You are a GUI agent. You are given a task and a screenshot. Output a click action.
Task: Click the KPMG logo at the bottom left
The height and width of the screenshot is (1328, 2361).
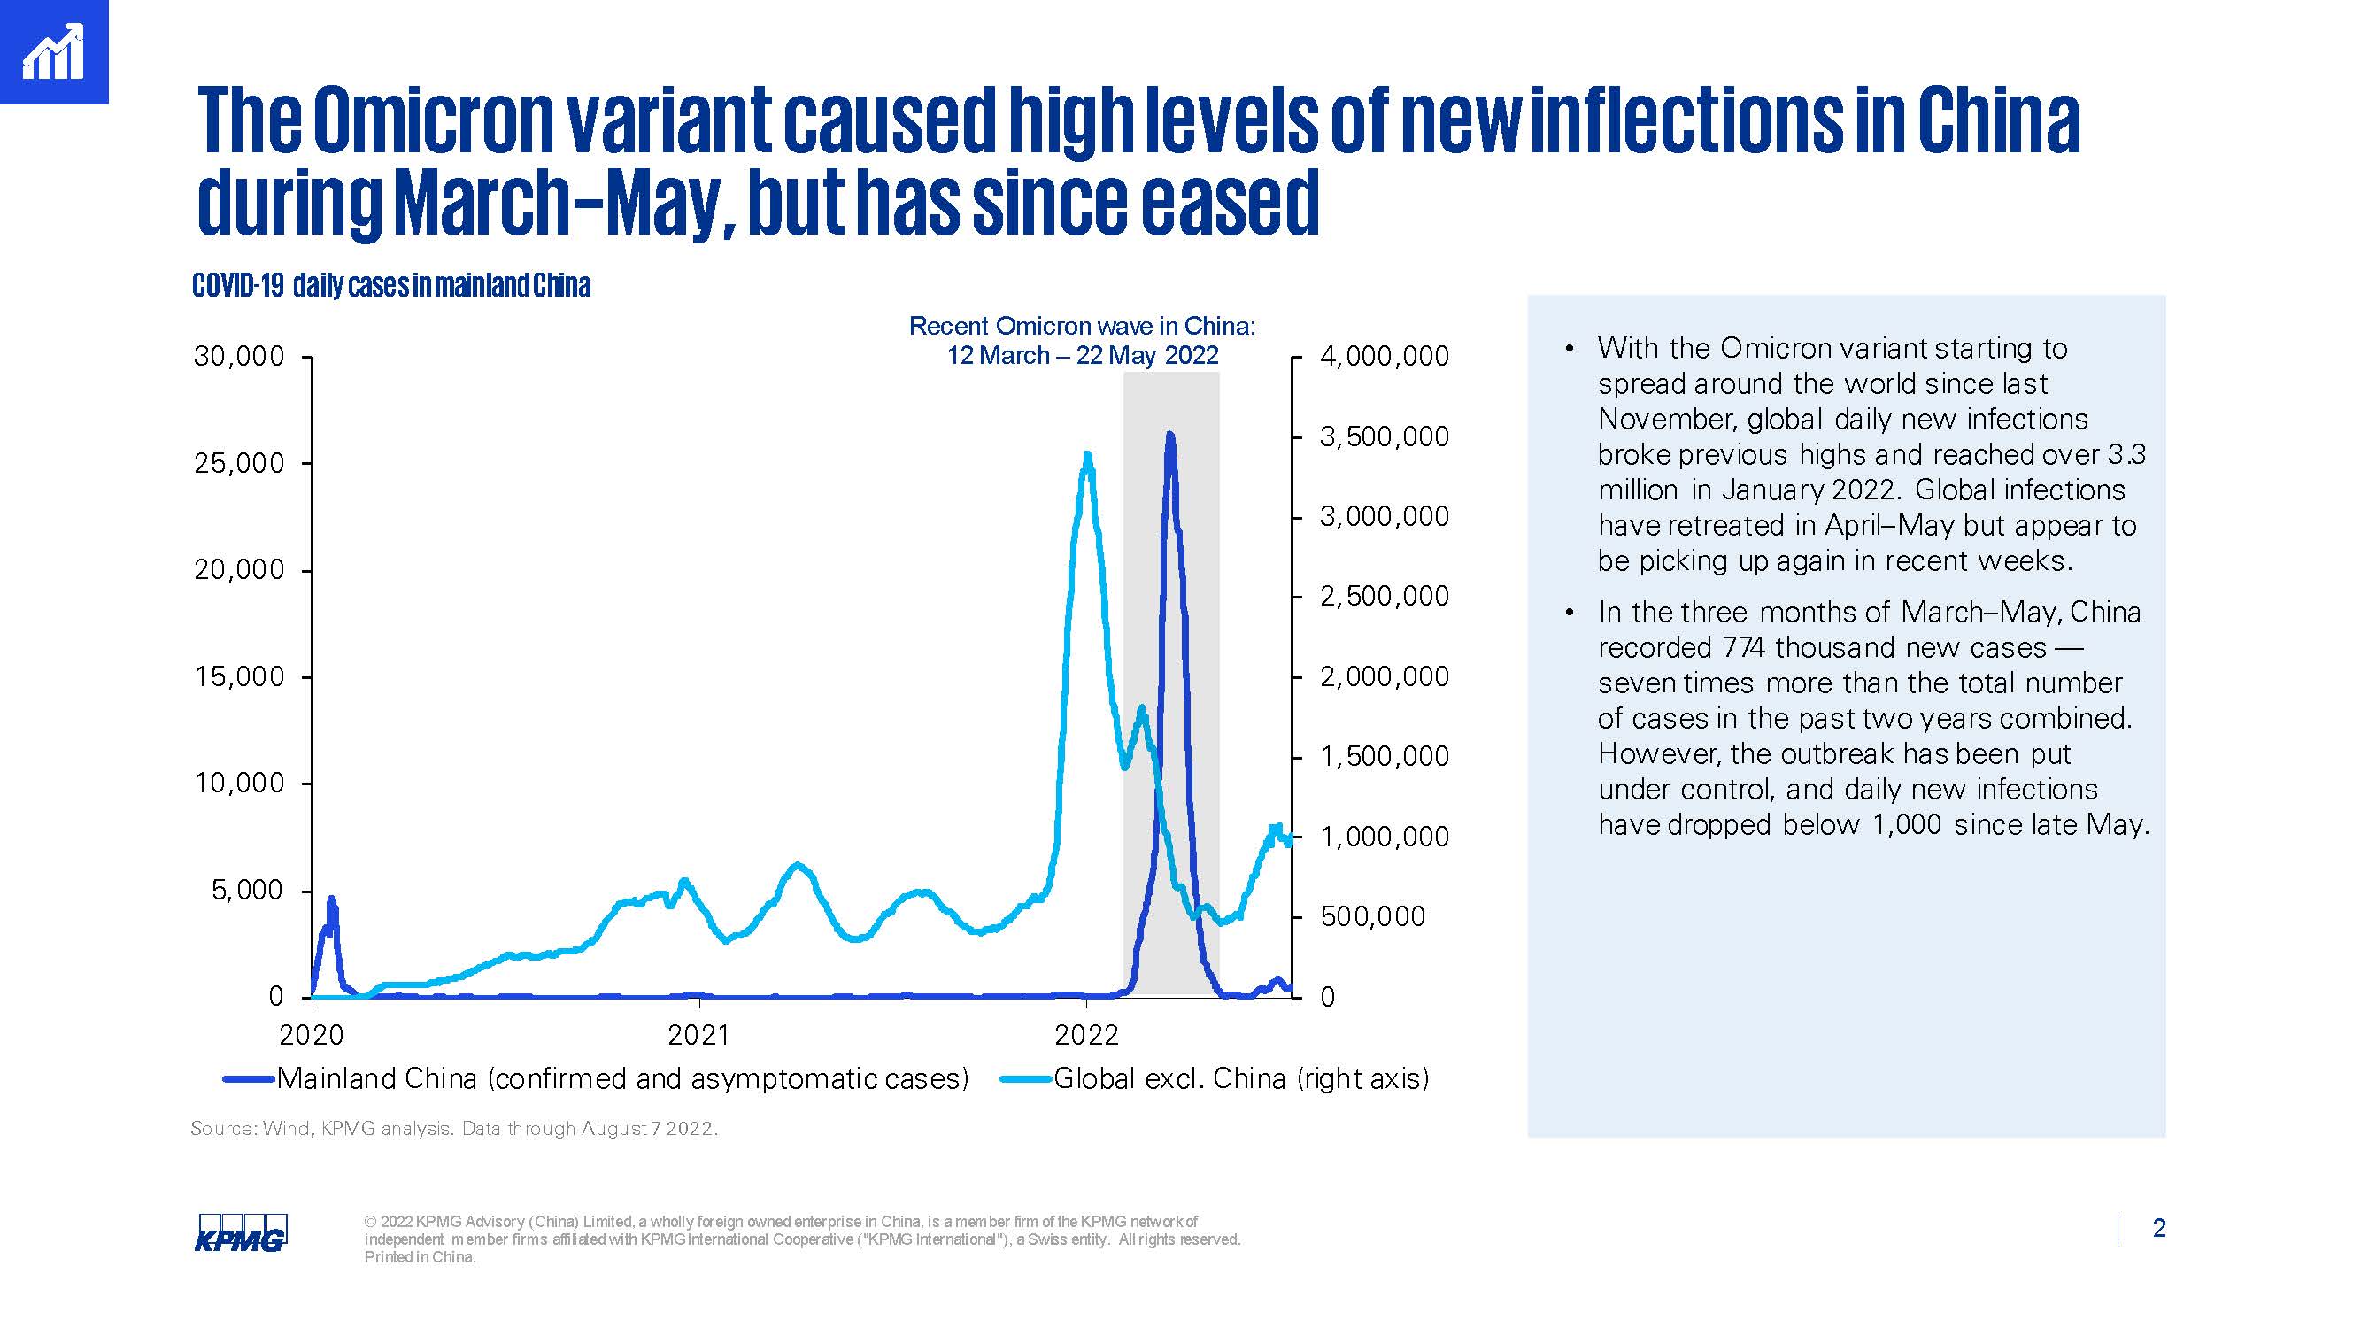pos(240,1232)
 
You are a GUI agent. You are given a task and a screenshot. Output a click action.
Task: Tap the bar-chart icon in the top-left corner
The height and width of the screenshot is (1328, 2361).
pos(53,52)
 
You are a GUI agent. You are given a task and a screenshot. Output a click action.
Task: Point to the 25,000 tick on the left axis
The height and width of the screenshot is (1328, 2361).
pos(239,464)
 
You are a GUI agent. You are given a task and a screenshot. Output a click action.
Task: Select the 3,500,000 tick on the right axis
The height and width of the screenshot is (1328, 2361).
pos(1384,437)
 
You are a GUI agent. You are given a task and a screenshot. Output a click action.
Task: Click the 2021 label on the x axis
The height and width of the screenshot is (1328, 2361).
pos(698,1036)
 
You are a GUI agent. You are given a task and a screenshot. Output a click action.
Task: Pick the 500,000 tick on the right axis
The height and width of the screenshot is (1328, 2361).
pos(1372,916)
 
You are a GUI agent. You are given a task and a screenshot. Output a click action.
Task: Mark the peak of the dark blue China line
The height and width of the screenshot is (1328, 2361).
pos(1169,435)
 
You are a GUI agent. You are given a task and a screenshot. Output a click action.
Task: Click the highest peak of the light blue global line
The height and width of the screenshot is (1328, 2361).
pos(1087,455)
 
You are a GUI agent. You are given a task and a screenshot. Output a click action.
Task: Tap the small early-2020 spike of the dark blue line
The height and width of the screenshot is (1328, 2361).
pos(331,900)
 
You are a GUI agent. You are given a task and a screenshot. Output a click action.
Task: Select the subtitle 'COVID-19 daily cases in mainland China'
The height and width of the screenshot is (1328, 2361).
pos(391,286)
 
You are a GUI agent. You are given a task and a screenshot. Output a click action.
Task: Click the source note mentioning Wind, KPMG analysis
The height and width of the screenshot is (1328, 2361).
pos(453,1129)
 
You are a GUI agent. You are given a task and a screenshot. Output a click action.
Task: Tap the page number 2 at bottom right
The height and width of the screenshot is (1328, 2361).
pos(2158,1228)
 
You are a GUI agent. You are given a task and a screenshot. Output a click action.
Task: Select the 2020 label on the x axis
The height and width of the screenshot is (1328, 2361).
pos(312,1036)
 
